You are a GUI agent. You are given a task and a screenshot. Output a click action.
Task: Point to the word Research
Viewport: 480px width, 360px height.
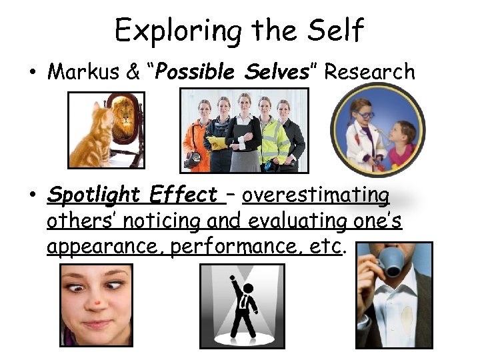point(369,72)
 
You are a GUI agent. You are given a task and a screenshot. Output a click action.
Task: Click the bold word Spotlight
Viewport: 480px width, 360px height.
point(95,196)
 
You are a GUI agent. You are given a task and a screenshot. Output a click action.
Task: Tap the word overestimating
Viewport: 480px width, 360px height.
point(316,195)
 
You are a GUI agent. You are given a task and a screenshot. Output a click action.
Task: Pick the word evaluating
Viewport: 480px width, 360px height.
point(256,221)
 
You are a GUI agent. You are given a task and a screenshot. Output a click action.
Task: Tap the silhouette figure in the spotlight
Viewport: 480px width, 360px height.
point(245,307)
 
